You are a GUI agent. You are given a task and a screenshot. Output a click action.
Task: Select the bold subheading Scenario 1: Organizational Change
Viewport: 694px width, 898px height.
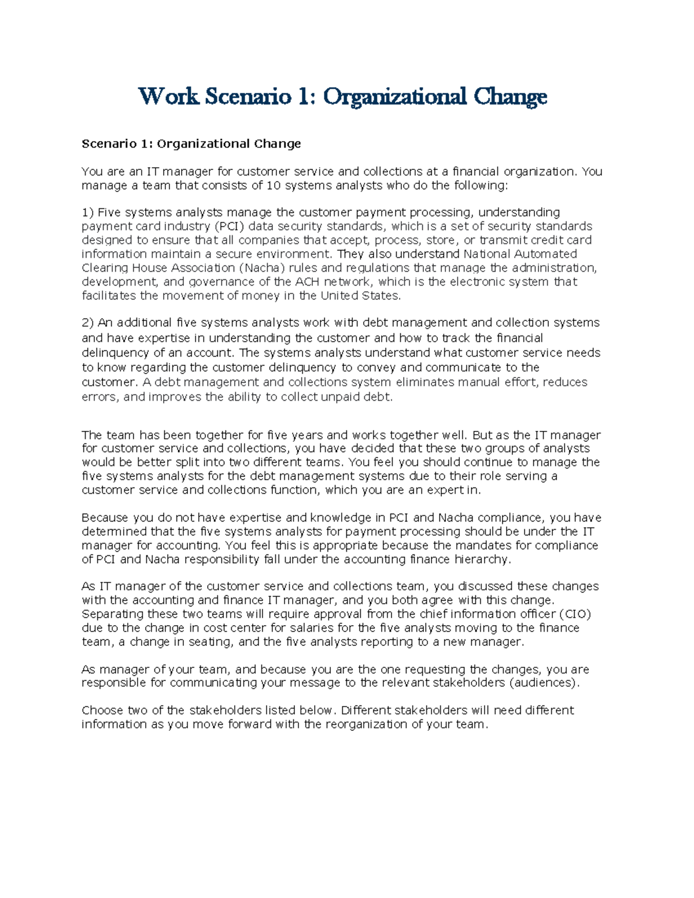pyautogui.click(x=191, y=143)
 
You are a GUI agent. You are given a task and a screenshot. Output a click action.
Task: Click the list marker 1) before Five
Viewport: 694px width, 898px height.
pyautogui.click(x=88, y=212)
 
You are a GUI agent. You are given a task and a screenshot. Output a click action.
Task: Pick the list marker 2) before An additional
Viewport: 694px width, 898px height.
pyautogui.click(x=88, y=322)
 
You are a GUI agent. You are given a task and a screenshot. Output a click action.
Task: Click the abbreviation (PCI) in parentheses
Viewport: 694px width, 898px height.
pyautogui.click(x=229, y=226)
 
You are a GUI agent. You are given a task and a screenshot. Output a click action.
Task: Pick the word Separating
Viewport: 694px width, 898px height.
pyautogui.click(x=112, y=614)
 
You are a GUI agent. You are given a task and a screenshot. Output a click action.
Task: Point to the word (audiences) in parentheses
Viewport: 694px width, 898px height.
pyautogui.click(x=544, y=683)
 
